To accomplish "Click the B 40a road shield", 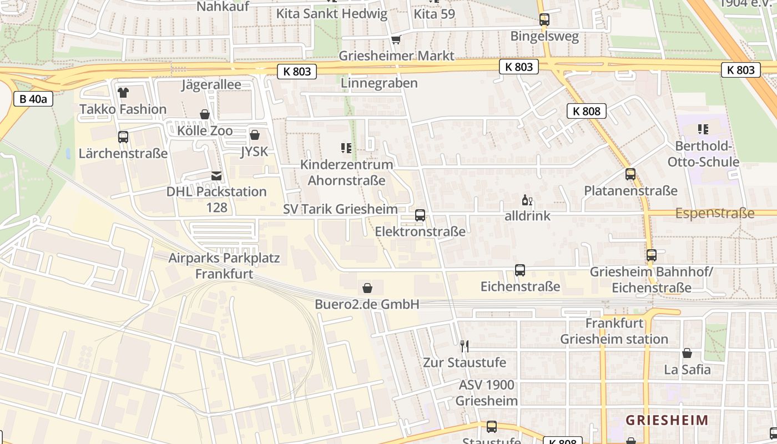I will click(33, 99).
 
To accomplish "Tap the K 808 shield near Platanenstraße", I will click(587, 111).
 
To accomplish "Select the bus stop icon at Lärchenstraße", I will click(123, 137).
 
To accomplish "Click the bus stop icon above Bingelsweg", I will click(544, 20).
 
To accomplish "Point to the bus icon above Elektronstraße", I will click(420, 215).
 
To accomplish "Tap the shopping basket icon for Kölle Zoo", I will click(205, 115).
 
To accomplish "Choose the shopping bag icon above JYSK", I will click(255, 135).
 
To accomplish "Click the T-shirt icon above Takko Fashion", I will click(123, 93).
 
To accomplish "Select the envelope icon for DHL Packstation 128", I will click(216, 176).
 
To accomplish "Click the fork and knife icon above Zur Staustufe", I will click(465, 346).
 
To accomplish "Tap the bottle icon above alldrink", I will click(526, 200).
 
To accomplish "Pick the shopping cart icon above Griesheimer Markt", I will click(396, 39).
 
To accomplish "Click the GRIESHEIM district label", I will click(667, 420).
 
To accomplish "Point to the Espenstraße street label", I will click(715, 213).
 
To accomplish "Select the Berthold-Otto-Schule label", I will click(703, 154).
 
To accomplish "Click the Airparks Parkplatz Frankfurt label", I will click(224, 266).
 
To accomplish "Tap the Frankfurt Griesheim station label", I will click(614, 331).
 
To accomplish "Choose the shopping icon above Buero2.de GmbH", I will click(367, 288).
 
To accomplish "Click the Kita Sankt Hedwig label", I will click(332, 14).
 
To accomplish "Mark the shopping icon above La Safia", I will click(687, 353).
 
